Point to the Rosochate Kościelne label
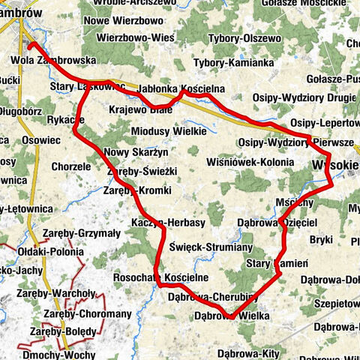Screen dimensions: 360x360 coord(160,277)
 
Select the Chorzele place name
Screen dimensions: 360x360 coord(72,166)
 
